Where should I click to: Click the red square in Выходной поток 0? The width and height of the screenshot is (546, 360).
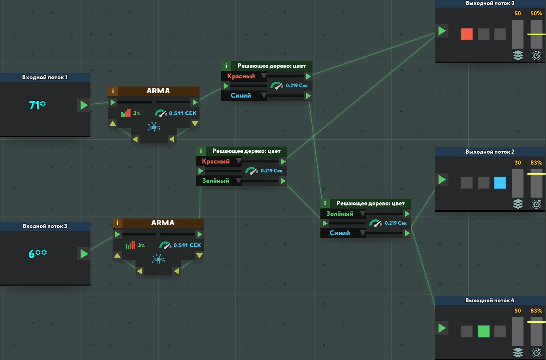click(467, 34)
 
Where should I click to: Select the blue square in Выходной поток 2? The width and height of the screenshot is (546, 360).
click(500, 183)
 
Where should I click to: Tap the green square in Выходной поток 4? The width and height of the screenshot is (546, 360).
click(483, 331)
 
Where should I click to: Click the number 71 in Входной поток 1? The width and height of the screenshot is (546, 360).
click(34, 105)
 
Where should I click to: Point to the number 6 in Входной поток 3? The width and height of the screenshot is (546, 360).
click(32, 254)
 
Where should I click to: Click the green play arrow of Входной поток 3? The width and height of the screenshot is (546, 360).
click(84, 254)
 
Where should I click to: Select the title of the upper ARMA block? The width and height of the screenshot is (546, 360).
click(158, 91)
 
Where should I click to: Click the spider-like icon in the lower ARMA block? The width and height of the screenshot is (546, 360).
click(158, 259)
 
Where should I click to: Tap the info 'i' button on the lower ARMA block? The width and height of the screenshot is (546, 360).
click(117, 223)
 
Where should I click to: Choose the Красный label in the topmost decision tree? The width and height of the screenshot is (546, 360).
click(241, 76)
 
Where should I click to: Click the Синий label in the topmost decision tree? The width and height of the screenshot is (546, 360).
click(241, 96)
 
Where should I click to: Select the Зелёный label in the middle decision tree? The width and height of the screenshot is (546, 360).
click(215, 181)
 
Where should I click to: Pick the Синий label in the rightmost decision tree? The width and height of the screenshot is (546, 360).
click(339, 233)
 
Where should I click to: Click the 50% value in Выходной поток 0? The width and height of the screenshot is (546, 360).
click(536, 13)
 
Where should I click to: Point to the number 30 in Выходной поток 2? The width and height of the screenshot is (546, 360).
click(518, 162)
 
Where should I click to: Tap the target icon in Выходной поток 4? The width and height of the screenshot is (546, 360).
click(536, 352)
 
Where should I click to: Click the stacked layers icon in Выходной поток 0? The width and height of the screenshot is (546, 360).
click(518, 55)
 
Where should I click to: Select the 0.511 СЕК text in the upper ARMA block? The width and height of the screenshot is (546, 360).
click(183, 113)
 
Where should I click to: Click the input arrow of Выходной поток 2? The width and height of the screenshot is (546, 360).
click(442, 180)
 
